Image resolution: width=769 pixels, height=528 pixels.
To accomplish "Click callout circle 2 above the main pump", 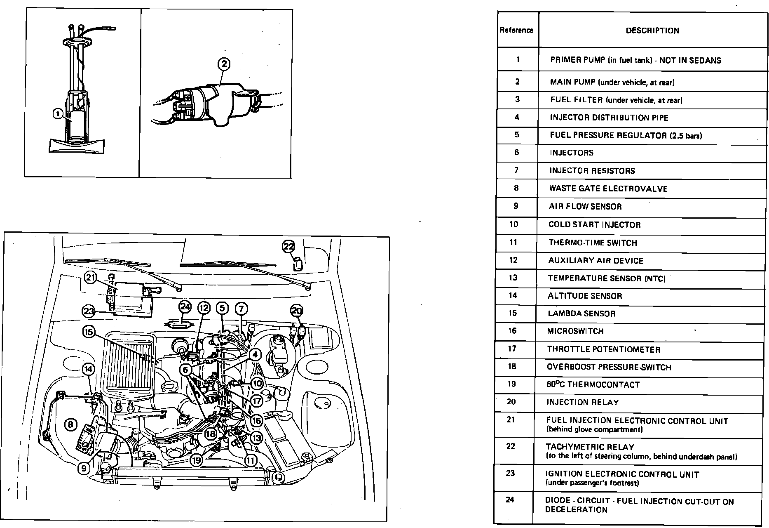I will click(x=224, y=64).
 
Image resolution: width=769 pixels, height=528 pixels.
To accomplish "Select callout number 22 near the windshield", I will click(x=288, y=247).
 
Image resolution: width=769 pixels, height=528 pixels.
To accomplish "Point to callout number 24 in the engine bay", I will click(x=185, y=307).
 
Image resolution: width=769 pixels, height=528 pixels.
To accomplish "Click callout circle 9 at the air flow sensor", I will click(x=84, y=468).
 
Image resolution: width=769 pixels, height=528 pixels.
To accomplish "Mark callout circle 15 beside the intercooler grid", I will click(x=89, y=331).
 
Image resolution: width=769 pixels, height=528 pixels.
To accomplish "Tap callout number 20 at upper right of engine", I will click(x=297, y=311).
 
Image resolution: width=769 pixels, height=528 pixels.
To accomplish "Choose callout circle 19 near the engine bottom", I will click(x=197, y=460).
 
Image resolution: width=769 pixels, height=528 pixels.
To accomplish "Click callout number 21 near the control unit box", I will click(x=91, y=278).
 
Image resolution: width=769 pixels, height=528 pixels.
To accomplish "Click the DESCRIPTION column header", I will click(x=652, y=31).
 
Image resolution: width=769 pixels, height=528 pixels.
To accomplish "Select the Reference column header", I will click(x=516, y=30).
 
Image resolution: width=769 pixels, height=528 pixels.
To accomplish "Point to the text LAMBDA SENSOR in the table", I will click(x=581, y=313).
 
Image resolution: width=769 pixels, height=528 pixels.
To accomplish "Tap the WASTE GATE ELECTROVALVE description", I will click(x=608, y=189).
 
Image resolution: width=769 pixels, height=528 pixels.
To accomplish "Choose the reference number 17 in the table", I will click(x=512, y=349).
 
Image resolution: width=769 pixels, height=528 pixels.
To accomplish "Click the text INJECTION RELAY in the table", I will click(x=582, y=402).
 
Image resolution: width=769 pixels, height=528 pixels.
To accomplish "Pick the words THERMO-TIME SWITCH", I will click(x=593, y=243).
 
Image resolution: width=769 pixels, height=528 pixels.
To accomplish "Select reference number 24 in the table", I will click(x=510, y=500).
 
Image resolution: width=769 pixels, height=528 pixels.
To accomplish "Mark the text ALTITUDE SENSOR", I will click(x=585, y=296).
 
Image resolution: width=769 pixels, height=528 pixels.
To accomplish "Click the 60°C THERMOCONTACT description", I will click(x=593, y=385).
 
